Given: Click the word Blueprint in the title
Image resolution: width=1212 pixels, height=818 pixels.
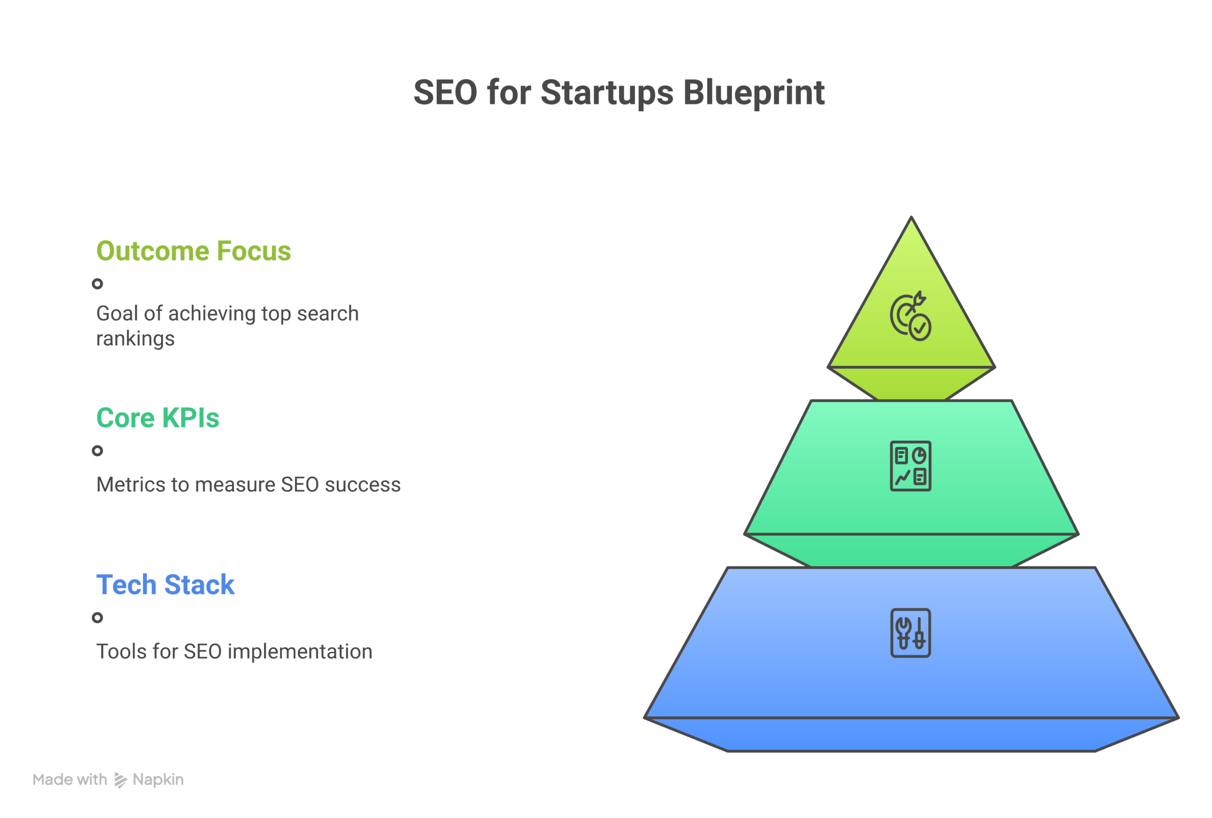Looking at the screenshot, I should click(x=754, y=93).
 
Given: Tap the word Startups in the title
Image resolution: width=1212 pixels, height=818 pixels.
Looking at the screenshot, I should click(x=607, y=93).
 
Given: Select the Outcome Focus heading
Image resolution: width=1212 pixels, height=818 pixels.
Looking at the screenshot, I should click(x=194, y=251).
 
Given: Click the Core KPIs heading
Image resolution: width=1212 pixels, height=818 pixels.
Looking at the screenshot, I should click(x=158, y=418).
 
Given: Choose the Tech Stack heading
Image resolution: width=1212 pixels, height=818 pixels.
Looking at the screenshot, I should click(x=165, y=585).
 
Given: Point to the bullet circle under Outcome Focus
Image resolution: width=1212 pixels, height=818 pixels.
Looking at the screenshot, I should click(x=98, y=284).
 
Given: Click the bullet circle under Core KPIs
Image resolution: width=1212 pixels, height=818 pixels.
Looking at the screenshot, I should click(x=98, y=451).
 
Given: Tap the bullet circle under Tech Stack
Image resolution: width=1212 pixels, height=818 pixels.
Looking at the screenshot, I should click(x=98, y=618).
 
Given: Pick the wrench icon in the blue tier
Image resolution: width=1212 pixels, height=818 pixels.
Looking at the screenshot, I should click(x=910, y=633).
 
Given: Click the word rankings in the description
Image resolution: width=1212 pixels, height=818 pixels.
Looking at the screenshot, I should click(x=135, y=339).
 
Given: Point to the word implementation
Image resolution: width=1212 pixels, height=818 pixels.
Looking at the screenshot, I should click(x=300, y=652).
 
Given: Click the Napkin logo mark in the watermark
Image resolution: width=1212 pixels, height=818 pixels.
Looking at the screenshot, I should click(x=120, y=780).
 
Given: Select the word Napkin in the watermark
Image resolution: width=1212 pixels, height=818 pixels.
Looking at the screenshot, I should click(x=158, y=780).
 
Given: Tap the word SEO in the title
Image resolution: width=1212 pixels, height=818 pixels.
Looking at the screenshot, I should click(x=445, y=93).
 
